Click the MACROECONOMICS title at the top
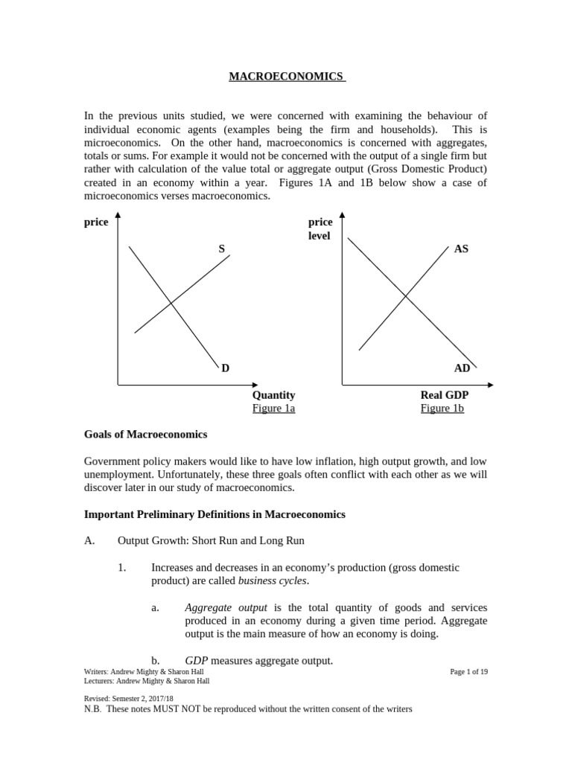point(286,76)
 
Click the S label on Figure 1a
point(221,249)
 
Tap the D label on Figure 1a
point(225,368)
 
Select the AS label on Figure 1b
point(461,249)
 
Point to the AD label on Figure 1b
point(462,368)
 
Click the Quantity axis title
point(273,395)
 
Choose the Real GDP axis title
point(444,395)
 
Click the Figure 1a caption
point(273,409)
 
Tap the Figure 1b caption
point(442,409)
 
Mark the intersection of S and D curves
point(171,303)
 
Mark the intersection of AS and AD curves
point(405,296)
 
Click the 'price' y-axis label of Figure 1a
point(96,222)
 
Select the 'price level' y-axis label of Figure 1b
point(320,228)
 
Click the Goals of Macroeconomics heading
point(145,435)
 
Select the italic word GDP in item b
point(196,661)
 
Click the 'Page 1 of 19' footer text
point(469,671)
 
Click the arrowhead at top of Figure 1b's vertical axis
point(342,216)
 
